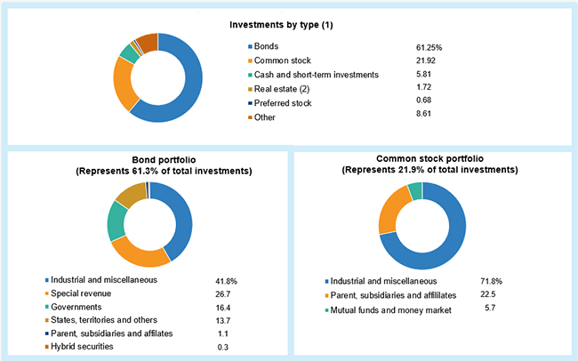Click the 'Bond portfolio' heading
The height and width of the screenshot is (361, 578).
pyautogui.click(x=149, y=161)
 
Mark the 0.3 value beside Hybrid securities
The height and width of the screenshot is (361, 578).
pyautogui.click(x=223, y=347)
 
